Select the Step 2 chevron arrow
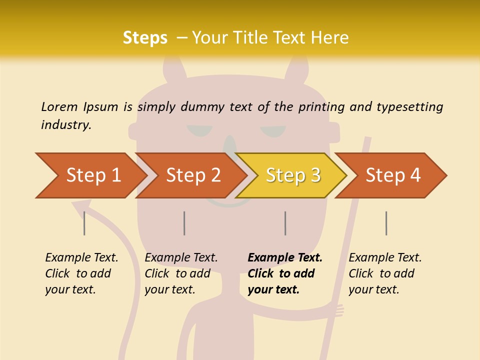(x=192, y=175)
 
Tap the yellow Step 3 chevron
(x=292, y=175)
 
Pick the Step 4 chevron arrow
(x=392, y=175)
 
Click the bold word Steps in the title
(x=145, y=38)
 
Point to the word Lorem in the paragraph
(x=59, y=106)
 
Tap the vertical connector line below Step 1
(x=84, y=223)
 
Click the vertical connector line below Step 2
(x=184, y=223)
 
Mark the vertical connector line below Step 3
(x=285, y=223)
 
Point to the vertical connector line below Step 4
(x=386, y=223)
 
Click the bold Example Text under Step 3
(x=285, y=258)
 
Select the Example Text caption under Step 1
(x=81, y=258)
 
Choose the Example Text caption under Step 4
(x=385, y=258)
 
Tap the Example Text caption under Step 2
(x=181, y=258)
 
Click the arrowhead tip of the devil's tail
(x=80, y=205)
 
